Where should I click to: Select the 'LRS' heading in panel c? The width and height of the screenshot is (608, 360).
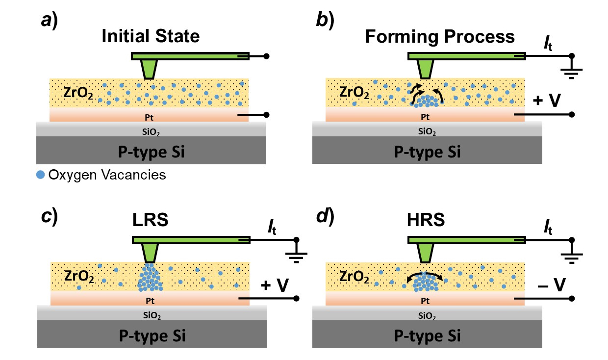151,220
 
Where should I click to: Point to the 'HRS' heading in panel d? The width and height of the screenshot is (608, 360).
426,220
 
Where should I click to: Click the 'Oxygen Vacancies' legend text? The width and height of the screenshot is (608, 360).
107,175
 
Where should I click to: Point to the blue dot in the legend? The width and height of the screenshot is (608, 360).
41,175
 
